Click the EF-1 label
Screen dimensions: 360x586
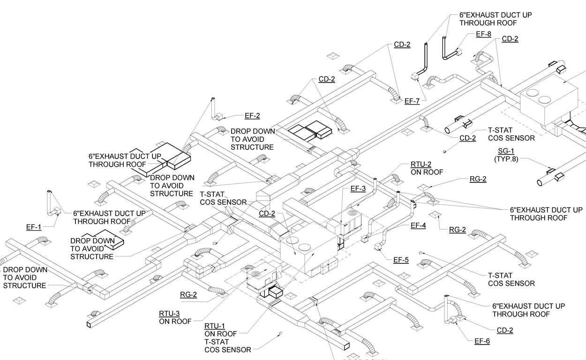point(34,227)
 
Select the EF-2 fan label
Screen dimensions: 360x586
point(252,115)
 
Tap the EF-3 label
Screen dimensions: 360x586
point(358,188)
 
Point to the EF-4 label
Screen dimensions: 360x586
point(418,225)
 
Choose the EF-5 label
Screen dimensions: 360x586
point(401,260)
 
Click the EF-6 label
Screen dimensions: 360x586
point(482,341)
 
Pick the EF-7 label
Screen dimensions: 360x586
point(412,100)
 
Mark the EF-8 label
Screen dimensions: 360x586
point(483,34)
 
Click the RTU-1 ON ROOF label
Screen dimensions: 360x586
point(221,330)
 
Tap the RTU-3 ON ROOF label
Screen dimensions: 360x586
point(175,318)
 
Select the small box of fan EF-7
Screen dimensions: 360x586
point(414,77)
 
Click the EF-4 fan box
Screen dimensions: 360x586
point(365,239)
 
